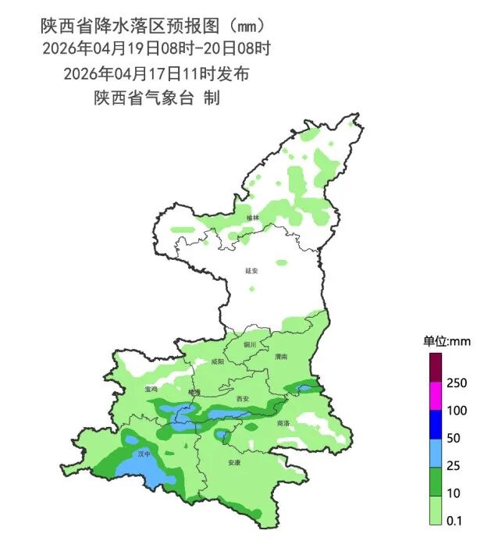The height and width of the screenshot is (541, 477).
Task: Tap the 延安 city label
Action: pyautogui.click(x=251, y=271)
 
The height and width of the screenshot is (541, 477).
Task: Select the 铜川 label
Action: pyautogui.click(x=250, y=343)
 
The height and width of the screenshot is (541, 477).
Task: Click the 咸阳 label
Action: pyautogui.click(x=218, y=362)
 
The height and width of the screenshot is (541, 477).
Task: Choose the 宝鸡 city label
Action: pyautogui.click(x=151, y=388)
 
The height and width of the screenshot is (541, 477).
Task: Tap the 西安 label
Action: pyautogui.click(x=242, y=399)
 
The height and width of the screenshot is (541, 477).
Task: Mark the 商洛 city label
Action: pyautogui.click(x=283, y=422)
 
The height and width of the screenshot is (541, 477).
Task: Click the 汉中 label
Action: pyautogui.click(x=143, y=453)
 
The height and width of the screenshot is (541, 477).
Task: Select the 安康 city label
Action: pyautogui.click(x=233, y=463)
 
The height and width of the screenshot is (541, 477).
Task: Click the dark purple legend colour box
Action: pyautogui.click(x=436, y=368)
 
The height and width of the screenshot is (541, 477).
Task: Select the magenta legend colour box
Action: pyautogui.click(x=436, y=396)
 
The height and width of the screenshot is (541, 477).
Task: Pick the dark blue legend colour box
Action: pyautogui.click(x=436, y=424)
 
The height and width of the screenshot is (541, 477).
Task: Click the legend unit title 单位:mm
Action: pyautogui.click(x=447, y=341)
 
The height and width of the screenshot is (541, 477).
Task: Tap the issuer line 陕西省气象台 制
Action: pyautogui.click(x=156, y=98)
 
